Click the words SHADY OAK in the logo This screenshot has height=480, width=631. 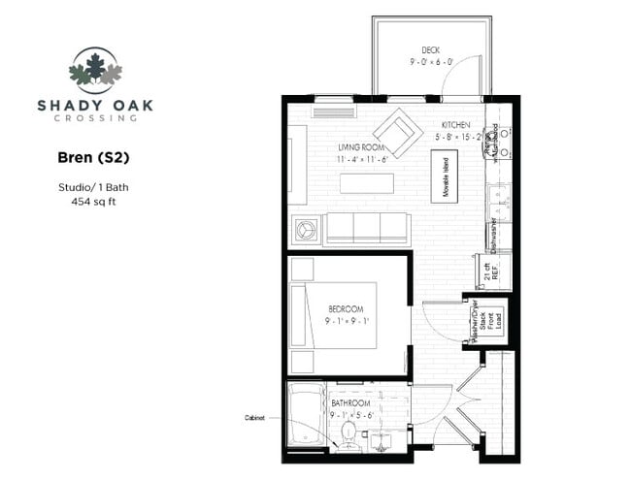coord(95,105)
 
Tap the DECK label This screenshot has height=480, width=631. coord(431,50)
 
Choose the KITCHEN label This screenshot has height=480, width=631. coord(456,126)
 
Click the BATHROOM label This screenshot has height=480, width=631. coord(350,401)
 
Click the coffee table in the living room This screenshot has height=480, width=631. coord(366,183)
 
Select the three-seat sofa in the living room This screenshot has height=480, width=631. coord(365,229)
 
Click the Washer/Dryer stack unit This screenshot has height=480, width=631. coord(485,317)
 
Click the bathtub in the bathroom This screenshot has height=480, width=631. coord(307,418)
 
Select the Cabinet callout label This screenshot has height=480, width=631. coord(256,418)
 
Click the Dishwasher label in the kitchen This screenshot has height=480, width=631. coord(494,234)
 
